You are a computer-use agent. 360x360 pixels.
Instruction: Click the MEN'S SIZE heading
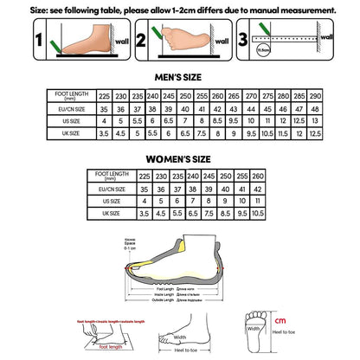pyautogui.click(x=179, y=76)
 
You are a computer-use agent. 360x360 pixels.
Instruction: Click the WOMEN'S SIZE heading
pyautogui.click(x=179, y=160)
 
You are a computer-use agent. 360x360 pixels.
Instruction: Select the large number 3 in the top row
pyautogui.click(x=244, y=37)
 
